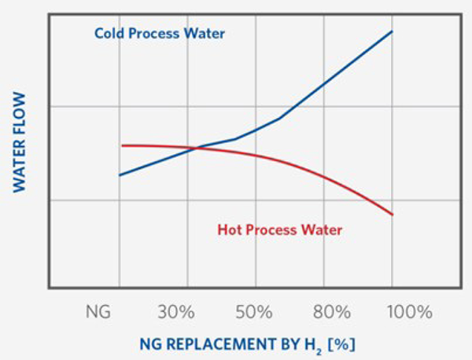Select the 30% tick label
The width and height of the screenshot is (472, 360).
point(175,312)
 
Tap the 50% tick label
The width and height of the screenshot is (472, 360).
point(253,312)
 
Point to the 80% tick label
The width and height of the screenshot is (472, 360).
point(331,312)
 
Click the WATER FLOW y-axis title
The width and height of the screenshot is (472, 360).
point(20,141)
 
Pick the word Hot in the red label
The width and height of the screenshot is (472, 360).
point(229,230)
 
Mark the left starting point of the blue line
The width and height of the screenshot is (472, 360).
point(120,175)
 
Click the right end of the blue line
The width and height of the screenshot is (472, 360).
point(392,31)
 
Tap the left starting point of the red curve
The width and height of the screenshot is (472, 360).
point(123,145)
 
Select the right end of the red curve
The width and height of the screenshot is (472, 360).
point(392,215)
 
